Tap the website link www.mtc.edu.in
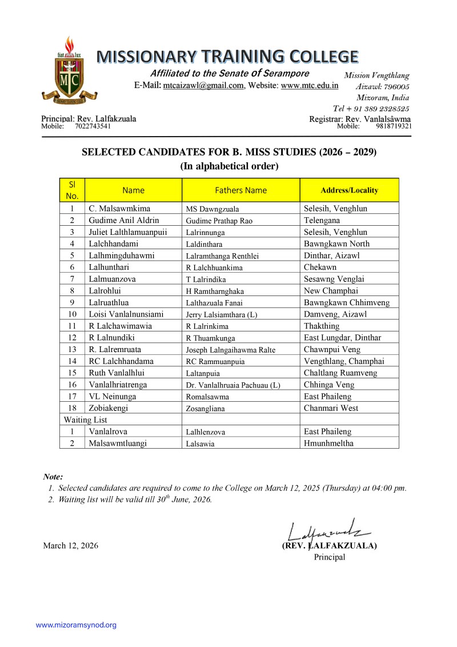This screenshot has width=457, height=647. [x=310, y=86]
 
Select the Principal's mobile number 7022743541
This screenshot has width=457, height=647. [x=93, y=126]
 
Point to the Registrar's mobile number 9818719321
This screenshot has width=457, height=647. [x=394, y=126]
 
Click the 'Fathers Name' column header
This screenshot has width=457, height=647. [x=240, y=190]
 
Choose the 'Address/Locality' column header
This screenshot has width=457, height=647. [x=349, y=190]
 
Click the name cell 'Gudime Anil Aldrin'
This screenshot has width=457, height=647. [x=124, y=220]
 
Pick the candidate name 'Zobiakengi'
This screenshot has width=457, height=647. [x=109, y=409]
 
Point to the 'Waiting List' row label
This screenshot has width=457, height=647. [x=85, y=420]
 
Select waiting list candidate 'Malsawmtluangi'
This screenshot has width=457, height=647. [x=117, y=443]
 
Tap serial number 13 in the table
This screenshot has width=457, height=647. [x=72, y=350]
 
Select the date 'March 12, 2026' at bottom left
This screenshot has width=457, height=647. [x=71, y=546]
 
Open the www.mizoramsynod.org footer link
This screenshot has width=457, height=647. [x=76, y=625]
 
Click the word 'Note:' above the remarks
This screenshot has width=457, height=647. [x=53, y=477]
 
